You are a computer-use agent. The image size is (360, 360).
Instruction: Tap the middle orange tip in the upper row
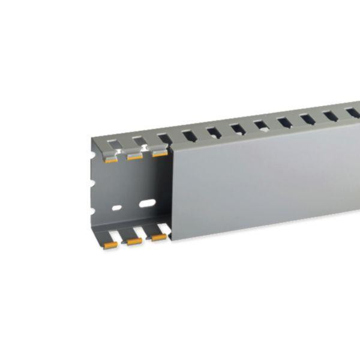(134, 157)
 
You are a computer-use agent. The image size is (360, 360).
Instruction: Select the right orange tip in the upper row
(160, 153)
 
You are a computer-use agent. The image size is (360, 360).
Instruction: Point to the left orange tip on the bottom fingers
(110, 245)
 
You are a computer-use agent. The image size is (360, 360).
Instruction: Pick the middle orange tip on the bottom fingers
(134, 241)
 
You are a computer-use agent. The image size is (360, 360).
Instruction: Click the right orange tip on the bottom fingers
(158, 238)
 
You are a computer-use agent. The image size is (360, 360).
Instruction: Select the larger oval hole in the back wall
(146, 203)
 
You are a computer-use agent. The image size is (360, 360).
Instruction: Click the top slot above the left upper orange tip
(113, 144)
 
